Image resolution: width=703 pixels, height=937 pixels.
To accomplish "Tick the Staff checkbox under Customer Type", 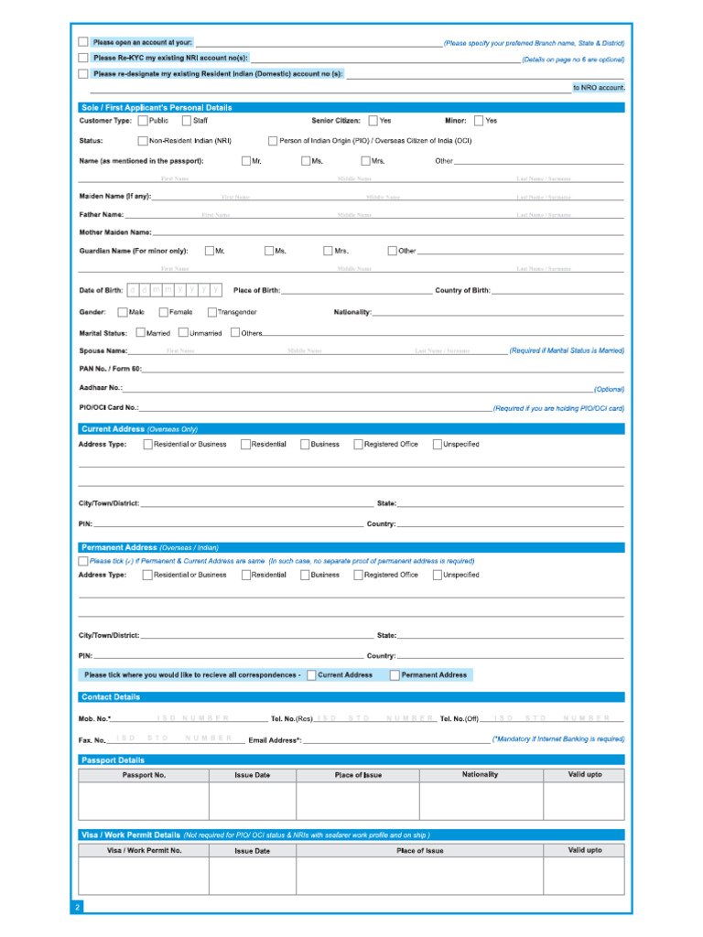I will pos(187,121).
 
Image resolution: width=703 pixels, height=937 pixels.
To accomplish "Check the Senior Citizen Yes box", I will pos(373,121).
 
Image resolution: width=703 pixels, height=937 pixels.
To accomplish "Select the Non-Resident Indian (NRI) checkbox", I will pos(143,141).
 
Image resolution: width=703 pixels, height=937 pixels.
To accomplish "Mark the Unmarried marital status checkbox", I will pos(183,333).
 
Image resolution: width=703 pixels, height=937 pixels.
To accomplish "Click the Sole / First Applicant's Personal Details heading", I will pos(157,107).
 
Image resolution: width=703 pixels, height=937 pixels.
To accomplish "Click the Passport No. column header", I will pos(144,775).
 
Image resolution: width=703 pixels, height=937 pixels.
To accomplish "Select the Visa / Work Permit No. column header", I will pos(144,850).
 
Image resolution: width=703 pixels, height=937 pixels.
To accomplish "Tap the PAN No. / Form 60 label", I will pos(110,369).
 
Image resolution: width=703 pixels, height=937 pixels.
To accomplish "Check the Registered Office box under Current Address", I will pos(358,445).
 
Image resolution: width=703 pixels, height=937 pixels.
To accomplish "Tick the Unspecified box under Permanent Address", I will pos(437,575).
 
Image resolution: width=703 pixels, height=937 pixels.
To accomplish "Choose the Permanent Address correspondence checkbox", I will pos(395,675).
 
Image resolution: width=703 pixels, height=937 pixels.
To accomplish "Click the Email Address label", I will pos(275,739).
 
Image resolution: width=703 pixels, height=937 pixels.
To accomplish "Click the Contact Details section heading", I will pos(111,697).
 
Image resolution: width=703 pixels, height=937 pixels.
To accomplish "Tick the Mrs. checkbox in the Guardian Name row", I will pos(328,251).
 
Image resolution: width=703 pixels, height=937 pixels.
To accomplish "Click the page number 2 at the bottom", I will pos(78,907).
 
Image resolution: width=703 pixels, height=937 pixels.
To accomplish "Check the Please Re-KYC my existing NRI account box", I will pos(83,58).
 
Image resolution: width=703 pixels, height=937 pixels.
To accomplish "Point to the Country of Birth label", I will pos(462,290).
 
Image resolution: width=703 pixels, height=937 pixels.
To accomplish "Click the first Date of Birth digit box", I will pos(133,290).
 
